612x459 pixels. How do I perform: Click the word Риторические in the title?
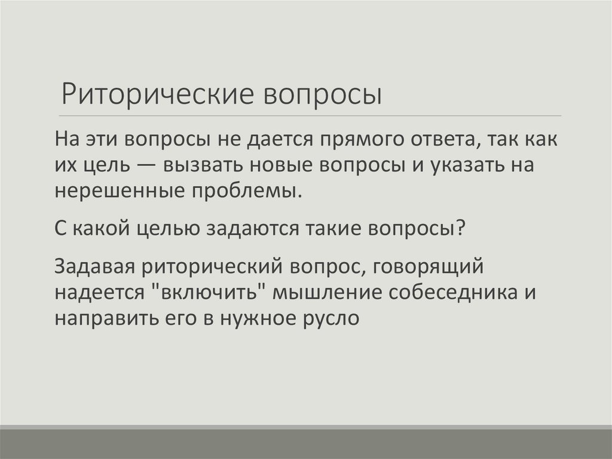point(155,95)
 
